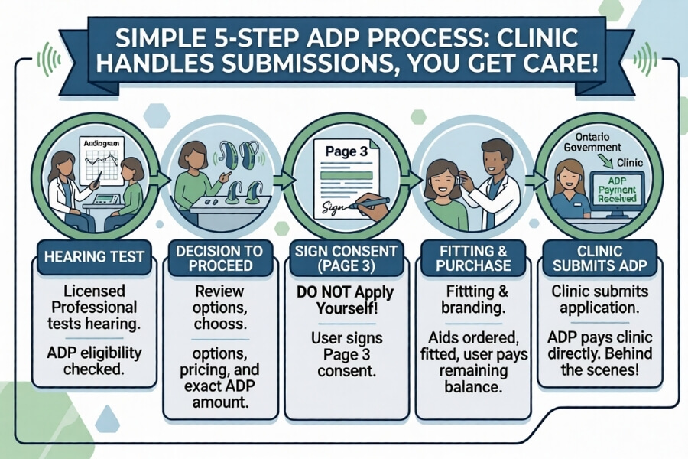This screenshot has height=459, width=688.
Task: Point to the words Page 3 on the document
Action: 341,151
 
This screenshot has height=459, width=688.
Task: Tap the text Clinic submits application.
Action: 604,302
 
